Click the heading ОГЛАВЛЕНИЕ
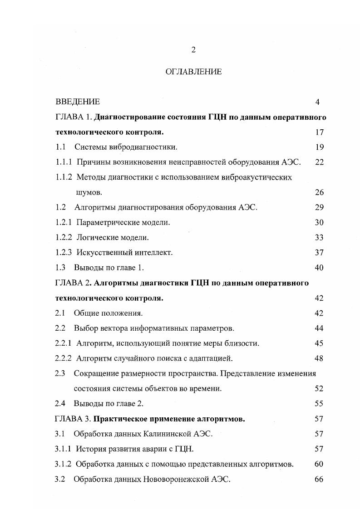[x=193, y=72]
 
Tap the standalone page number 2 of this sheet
[x=193, y=50]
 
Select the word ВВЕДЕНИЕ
[x=78, y=102]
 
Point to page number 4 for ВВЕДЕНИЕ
[x=318, y=102]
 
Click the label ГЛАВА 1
[x=73, y=117]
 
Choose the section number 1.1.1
[x=64, y=162]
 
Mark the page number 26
[x=319, y=192]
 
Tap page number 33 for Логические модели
[x=319, y=237]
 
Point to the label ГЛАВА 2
[x=73, y=283]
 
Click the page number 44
[x=319, y=328]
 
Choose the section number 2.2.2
[x=64, y=358]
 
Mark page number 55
[x=319, y=403]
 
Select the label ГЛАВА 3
[x=73, y=419]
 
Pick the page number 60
[x=319, y=464]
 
